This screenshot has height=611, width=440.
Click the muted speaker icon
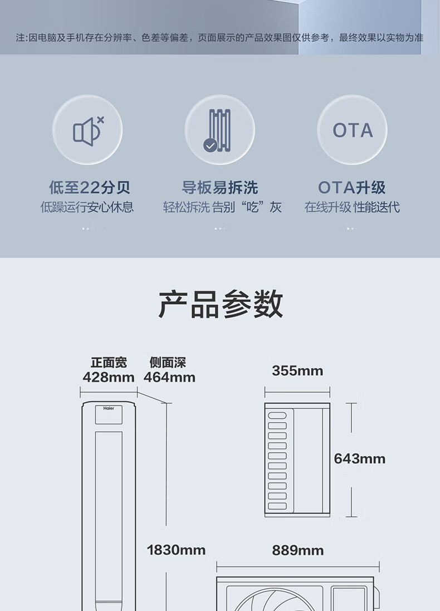(x=87, y=130)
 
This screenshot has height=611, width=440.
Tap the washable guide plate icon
(x=219, y=130)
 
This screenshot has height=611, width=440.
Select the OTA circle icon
(x=352, y=130)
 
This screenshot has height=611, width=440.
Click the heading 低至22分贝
(x=89, y=187)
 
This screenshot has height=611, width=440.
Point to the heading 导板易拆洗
(x=220, y=187)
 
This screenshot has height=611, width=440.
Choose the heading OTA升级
(x=352, y=187)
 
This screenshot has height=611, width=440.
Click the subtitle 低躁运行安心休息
(x=87, y=208)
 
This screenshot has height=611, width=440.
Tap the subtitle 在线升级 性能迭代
(x=352, y=208)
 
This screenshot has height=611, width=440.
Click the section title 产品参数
(x=220, y=304)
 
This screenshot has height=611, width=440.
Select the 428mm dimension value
(x=109, y=377)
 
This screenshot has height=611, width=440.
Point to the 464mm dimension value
(x=169, y=377)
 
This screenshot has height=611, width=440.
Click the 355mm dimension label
(x=297, y=371)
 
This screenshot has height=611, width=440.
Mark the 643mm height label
(x=360, y=459)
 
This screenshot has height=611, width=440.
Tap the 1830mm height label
(x=176, y=550)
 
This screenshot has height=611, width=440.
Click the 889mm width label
(x=297, y=550)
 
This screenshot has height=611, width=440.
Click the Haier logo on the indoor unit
(x=109, y=409)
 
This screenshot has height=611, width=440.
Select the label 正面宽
(x=109, y=363)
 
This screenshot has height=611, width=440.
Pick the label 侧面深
(x=168, y=363)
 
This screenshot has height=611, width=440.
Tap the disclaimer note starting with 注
(x=219, y=38)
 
